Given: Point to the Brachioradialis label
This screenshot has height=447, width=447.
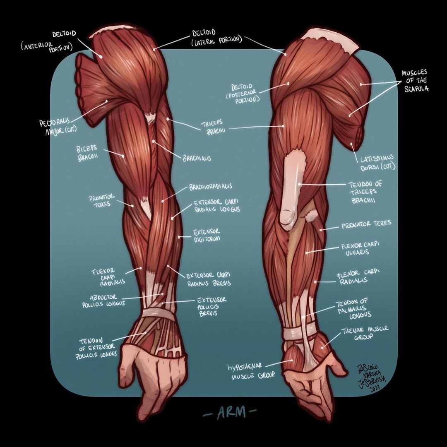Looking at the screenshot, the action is click(211, 187).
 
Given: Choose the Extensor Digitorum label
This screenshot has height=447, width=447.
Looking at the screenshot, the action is click(207, 236).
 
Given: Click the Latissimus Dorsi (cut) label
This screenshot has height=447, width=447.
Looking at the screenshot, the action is click(376, 162).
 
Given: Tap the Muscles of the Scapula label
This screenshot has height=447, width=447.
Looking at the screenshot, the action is click(414, 81).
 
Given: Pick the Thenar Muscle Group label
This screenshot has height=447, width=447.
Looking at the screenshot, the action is click(365, 333).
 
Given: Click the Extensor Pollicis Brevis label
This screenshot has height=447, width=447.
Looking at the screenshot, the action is click(211, 306).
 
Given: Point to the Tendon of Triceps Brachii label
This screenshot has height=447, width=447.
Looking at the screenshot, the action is click(365, 192).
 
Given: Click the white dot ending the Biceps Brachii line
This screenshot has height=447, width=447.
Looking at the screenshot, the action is click(123, 156).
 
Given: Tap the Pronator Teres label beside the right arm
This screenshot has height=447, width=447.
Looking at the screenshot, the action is click(366, 225).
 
